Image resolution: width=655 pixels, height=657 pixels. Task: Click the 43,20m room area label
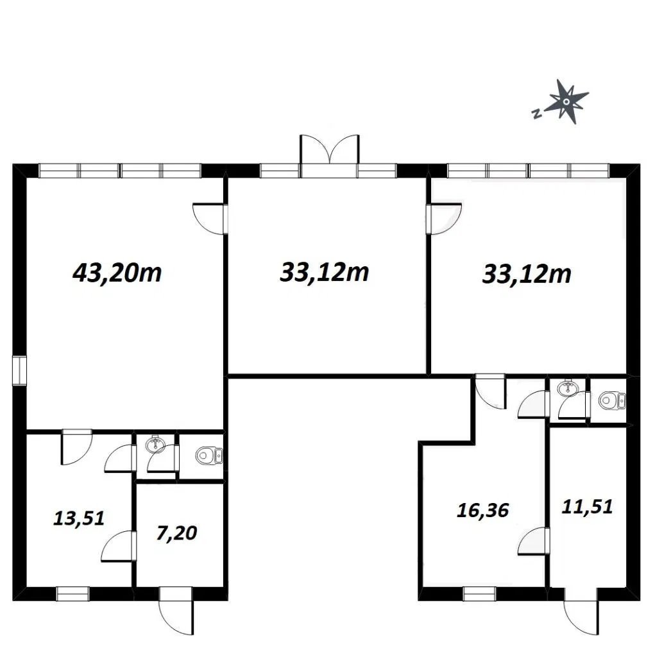[x=117, y=273]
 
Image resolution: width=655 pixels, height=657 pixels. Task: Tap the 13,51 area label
[x=79, y=518]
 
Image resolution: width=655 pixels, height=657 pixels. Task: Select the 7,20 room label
[x=176, y=533]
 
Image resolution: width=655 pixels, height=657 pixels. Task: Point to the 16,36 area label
[x=482, y=510]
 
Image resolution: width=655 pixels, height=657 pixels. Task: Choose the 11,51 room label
[x=587, y=507]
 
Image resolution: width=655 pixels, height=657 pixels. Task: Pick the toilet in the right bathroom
[x=611, y=400]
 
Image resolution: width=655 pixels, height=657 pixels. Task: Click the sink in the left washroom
[x=155, y=445]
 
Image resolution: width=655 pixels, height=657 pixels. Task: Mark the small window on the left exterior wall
[x=19, y=370]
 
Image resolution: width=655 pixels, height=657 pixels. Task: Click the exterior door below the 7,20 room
[x=176, y=611]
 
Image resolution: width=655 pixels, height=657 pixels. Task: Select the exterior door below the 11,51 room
[x=581, y=611]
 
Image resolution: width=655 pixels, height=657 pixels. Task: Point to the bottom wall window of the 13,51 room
[x=73, y=593]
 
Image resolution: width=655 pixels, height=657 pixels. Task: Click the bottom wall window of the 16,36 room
[x=479, y=593]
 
